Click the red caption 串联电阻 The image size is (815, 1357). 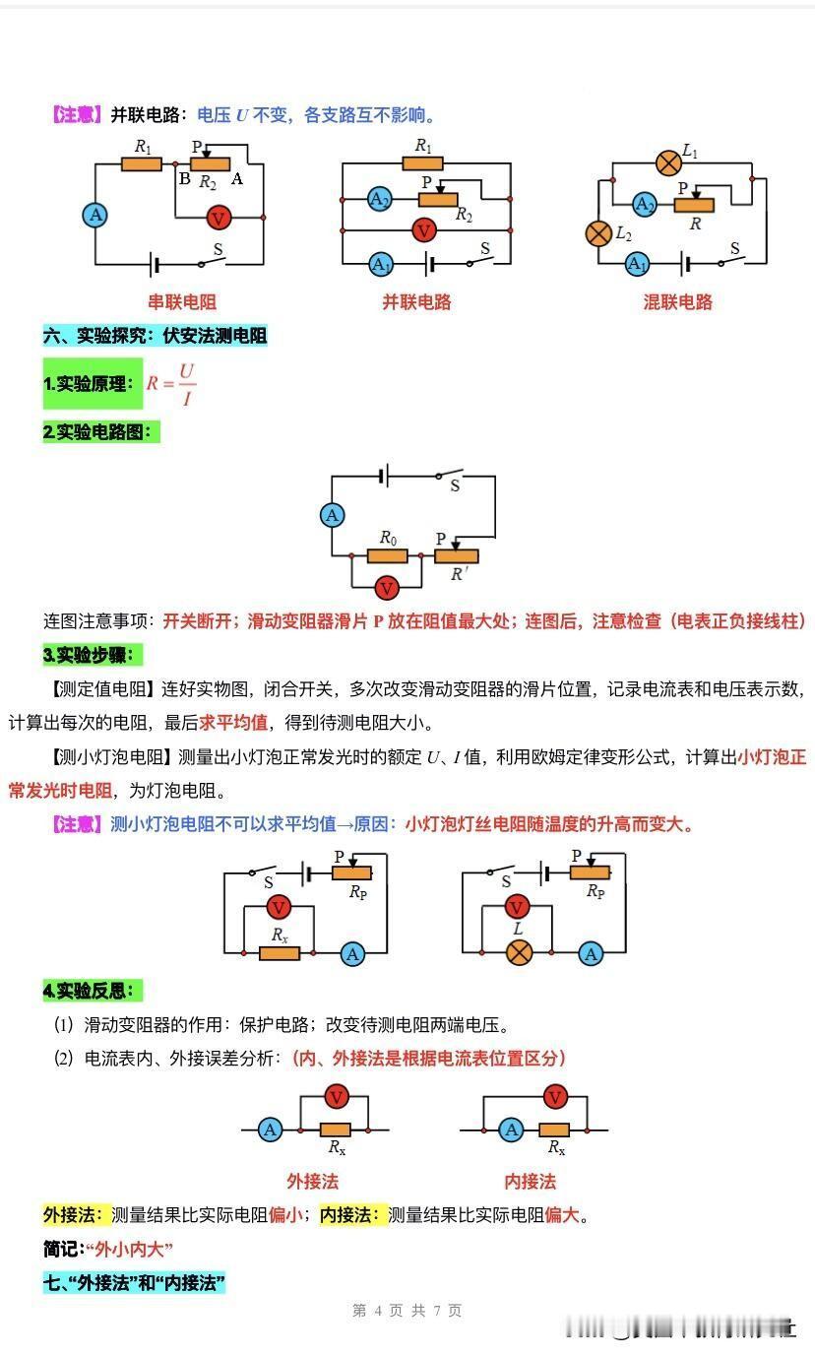(x=182, y=301)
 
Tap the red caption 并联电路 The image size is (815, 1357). (x=416, y=301)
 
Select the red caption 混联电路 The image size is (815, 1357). (x=677, y=301)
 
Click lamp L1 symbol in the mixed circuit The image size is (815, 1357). (x=668, y=162)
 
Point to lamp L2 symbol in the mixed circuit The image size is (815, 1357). (x=598, y=233)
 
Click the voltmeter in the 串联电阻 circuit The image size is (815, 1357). (x=219, y=217)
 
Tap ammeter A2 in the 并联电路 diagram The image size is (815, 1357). (x=380, y=199)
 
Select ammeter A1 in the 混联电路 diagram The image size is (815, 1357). (x=637, y=264)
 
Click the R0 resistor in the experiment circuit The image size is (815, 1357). (x=388, y=555)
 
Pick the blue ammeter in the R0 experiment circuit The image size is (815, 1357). (x=332, y=515)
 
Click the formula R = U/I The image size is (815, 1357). (x=171, y=384)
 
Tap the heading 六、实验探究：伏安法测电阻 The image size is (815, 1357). (x=155, y=335)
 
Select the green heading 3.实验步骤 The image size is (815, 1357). (x=93, y=655)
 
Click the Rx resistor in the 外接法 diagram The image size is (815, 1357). (x=335, y=1130)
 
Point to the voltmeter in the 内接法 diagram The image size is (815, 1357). (x=555, y=1096)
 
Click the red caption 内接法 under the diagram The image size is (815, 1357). (x=530, y=1181)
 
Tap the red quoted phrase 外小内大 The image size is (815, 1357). (x=130, y=1249)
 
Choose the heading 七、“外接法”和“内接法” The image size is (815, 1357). (x=134, y=1282)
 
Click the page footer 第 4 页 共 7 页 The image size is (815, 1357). (x=407, y=1311)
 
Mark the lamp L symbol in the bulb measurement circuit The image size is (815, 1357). (x=519, y=953)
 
